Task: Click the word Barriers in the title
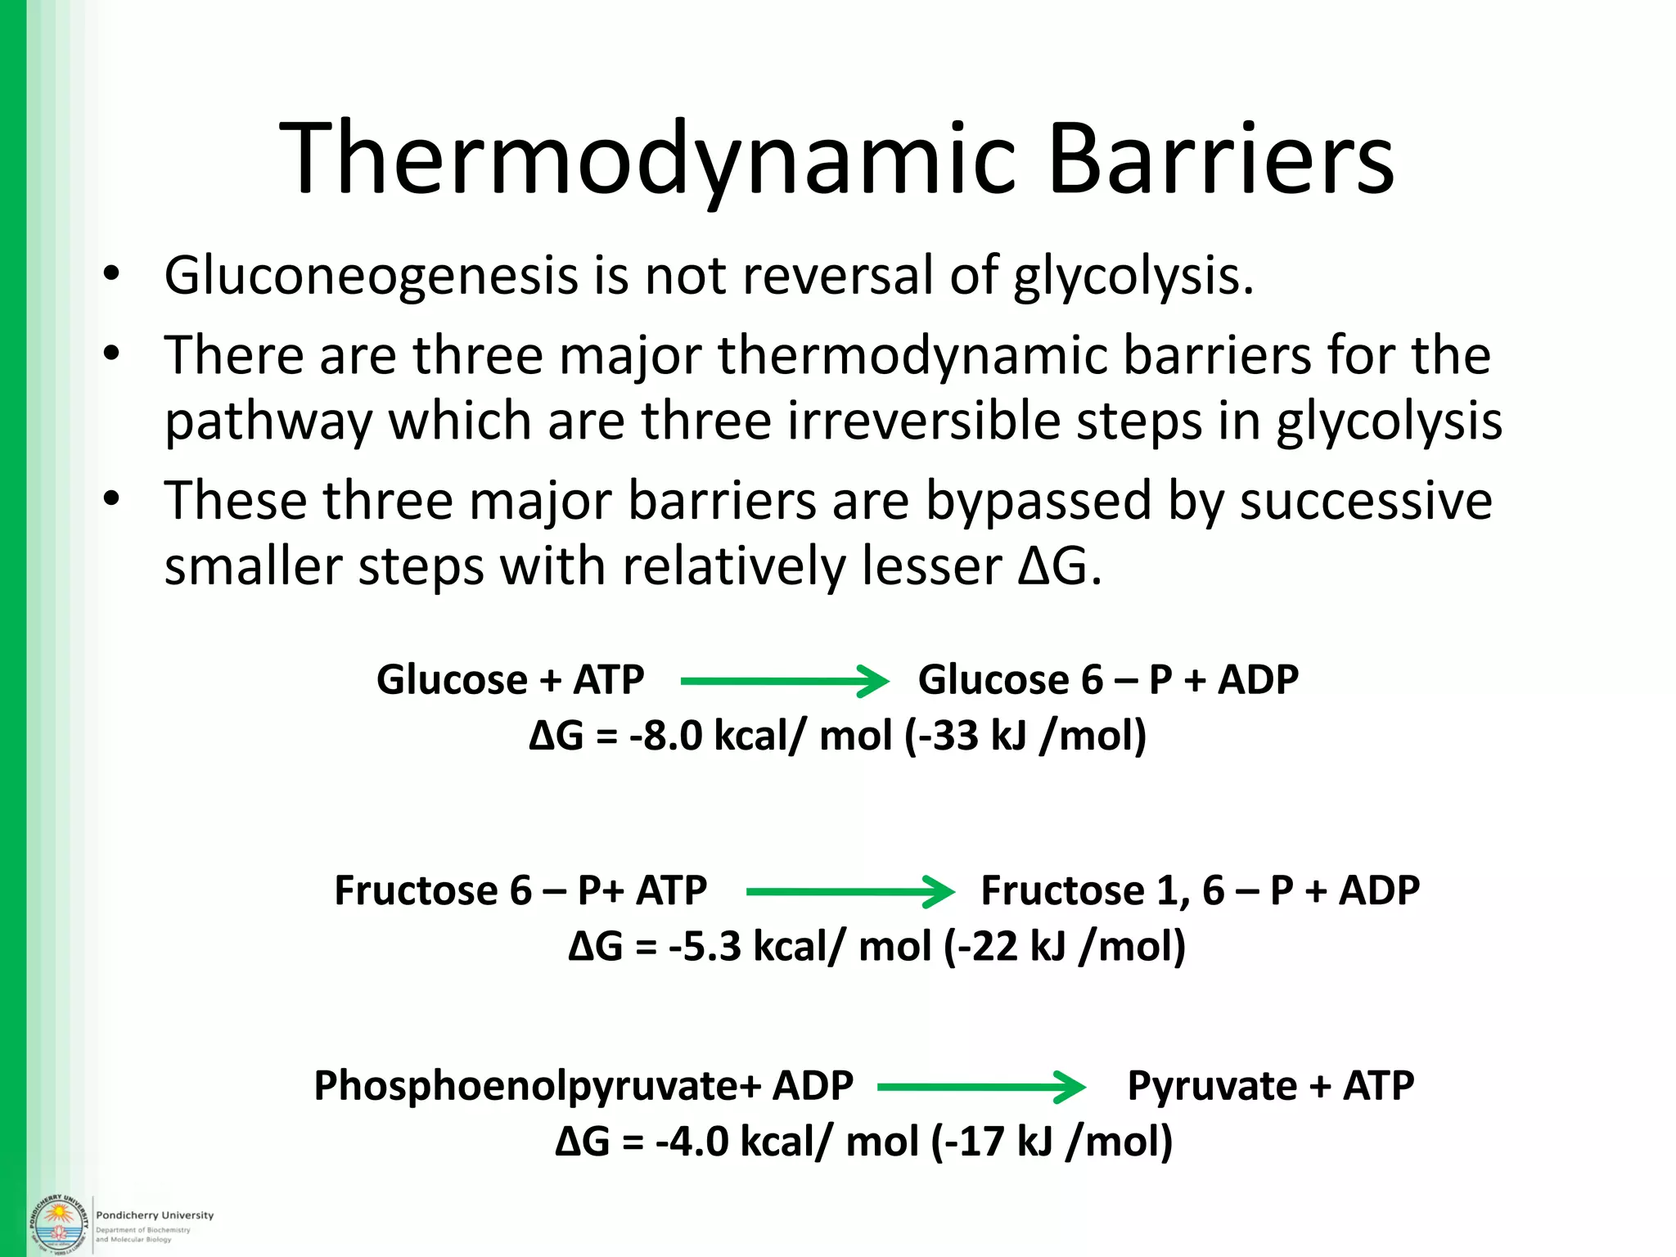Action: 1220,159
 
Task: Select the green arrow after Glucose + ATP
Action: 784,681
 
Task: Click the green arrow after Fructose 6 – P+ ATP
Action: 849,891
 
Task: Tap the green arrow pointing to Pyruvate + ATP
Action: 980,1087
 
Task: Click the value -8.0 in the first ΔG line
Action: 665,736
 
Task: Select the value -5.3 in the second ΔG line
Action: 705,947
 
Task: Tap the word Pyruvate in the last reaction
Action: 1211,1087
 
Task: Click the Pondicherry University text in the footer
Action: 155,1215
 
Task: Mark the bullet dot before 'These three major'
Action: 112,498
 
